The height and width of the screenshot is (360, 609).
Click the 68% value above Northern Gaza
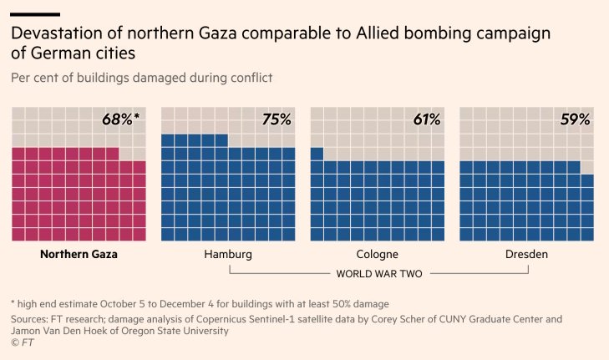pos(119,119)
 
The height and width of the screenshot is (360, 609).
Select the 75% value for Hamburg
pos(276,119)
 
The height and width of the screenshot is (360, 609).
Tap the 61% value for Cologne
pos(426,119)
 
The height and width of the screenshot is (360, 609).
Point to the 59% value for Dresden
pos(576,119)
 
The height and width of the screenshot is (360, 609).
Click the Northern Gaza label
pos(79,254)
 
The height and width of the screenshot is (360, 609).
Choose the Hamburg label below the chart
pos(227,254)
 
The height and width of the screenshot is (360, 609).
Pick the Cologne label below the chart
pos(377,254)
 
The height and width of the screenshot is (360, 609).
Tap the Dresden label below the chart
pos(526,254)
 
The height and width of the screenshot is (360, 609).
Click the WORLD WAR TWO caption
pos(378,273)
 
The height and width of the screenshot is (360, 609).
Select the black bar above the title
pos(35,14)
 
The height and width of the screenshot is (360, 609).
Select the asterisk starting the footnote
pos(13,302)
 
